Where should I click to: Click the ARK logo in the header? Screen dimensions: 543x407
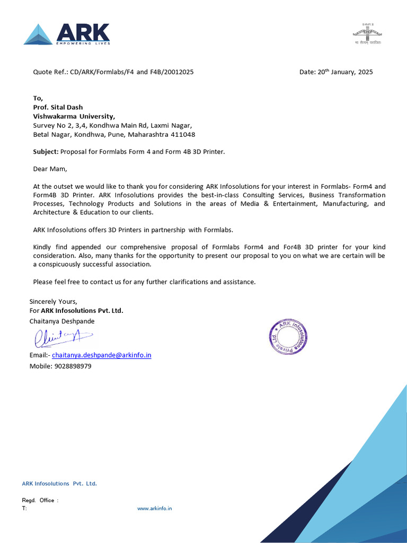tap(67, 34)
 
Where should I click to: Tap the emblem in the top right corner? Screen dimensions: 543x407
tap(367, 33)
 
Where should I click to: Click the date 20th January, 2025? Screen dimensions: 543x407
tap(345, 72)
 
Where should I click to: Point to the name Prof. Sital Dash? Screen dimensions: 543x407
tap(58, 107)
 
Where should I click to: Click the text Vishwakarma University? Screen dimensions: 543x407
tap(74, 116)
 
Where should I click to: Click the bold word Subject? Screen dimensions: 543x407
tap(46, 152)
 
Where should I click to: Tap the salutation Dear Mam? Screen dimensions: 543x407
tap(50, 169)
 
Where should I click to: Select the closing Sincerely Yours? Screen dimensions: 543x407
tap(53, 301)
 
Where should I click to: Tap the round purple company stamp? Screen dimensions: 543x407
tap(288, 337)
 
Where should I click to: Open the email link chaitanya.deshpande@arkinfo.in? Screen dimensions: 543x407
tap(101, 355)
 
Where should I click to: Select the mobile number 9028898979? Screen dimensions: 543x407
tap(73, 366)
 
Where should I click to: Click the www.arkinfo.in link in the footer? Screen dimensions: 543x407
tap(154, 508)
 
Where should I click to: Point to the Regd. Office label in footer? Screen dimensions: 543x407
tap(40, 500)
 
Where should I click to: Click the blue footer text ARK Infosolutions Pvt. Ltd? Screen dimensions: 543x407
tap(59, 483)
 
